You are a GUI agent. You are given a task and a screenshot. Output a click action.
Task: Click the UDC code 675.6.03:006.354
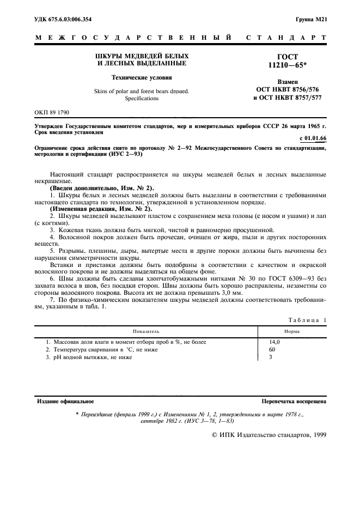tap(70, 20)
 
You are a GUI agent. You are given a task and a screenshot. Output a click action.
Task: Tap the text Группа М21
tap(311, 20)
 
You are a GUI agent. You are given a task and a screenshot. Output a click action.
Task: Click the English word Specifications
tap(142, 99)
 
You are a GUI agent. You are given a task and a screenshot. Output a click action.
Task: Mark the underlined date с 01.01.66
tap(314, 138)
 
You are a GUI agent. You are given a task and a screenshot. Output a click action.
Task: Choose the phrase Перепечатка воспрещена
tap(294, 401)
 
